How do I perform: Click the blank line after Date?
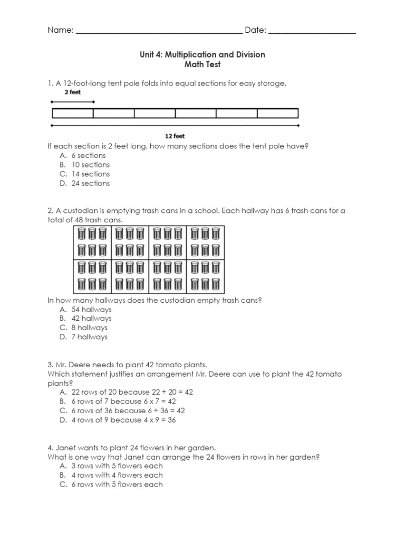coord(312,32)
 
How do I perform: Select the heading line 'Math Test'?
coord(202,64)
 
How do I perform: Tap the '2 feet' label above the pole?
coord(73,91)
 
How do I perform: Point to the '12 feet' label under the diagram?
coord(175,136)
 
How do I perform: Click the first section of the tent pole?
coord(73,113)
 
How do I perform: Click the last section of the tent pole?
coord(277,113)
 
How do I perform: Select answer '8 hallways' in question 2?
coord(89,328)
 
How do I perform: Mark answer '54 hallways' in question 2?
coord(91,309)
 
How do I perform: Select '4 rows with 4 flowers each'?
coord(117,475)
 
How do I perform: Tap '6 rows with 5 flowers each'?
coord(117,484)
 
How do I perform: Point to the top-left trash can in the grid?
coord(82,233)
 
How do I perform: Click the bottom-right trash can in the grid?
coord(216,285)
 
